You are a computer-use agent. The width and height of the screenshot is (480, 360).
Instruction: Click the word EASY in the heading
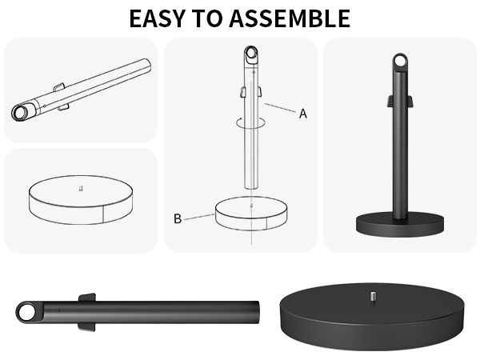point(157,18)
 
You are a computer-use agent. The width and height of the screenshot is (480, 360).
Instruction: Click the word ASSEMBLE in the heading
point(290,18)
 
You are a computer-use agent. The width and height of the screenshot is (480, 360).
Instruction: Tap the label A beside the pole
point(302,114)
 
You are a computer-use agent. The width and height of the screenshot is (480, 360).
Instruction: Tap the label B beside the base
point(178,219)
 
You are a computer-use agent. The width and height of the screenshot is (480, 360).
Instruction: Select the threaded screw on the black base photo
point(373,296)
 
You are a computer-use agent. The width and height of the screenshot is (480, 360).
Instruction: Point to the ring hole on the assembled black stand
point(400,62)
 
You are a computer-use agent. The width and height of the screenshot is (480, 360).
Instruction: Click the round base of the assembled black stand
point(400,224)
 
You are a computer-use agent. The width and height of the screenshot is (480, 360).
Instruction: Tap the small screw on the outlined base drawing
point(81,188)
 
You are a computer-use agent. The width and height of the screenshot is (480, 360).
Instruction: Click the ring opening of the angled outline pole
point(21,112)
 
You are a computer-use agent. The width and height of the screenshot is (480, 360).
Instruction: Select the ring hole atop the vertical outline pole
point(252,54)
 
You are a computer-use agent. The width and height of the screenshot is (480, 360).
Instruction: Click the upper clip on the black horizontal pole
point(87,298)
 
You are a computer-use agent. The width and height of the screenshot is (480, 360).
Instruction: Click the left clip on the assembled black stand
point(390,101)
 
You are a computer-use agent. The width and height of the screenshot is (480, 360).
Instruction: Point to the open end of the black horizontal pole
point(257,312)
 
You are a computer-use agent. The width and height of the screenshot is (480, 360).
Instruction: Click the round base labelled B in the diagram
point(251,213)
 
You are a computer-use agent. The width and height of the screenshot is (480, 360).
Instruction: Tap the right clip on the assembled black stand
point(410,101)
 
